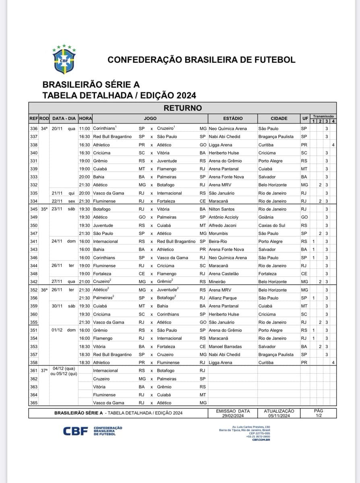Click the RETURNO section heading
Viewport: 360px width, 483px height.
[182, 108]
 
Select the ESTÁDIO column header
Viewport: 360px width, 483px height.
[233, 119]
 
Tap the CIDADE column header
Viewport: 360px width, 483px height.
[279, 119]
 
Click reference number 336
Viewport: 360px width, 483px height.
[34, 128]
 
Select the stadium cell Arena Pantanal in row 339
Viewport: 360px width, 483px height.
[223, 169]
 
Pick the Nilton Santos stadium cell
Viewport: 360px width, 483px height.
[222, 209]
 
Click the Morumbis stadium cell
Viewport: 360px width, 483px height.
[220, 233]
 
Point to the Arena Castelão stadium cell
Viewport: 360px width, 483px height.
[223, 274]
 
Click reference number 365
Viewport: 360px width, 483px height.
[34, 403]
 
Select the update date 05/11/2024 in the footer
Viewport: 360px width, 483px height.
[279, 415]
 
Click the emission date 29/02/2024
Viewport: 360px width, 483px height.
[233, 415]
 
